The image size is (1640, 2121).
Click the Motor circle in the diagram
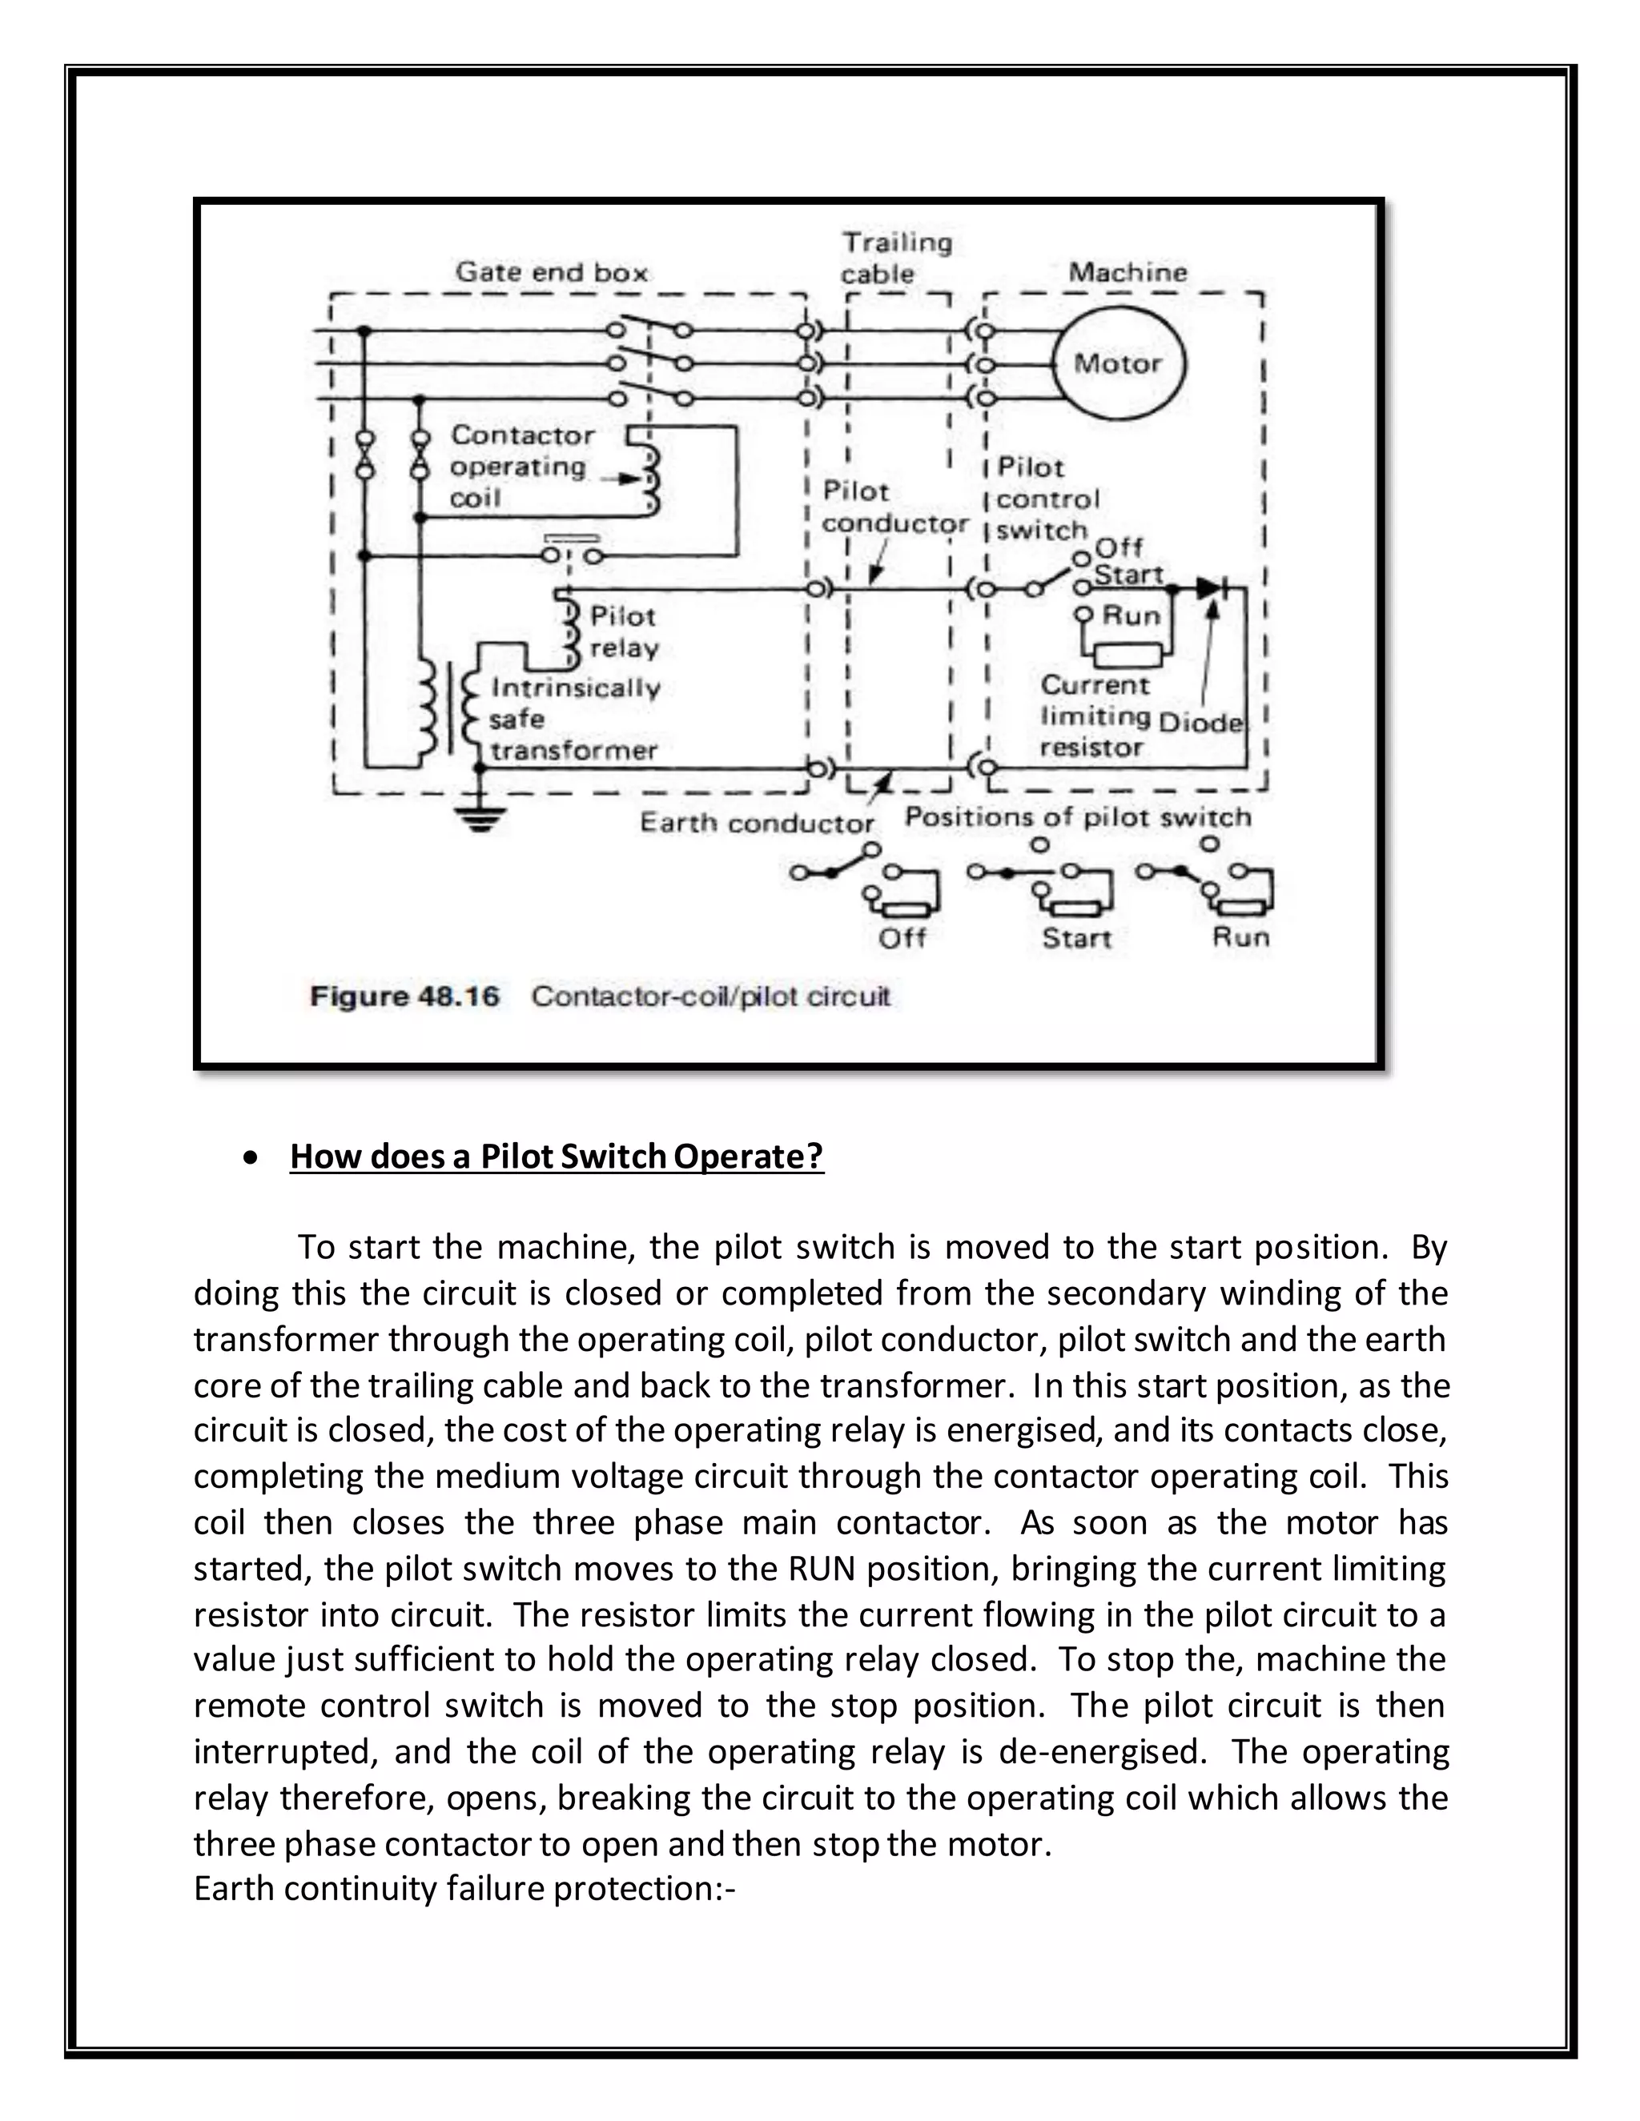[x=1117, y=364]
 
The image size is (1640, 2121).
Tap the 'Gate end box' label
[x=551, y=273]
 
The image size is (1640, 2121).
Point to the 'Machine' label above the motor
[x=1127, y=272]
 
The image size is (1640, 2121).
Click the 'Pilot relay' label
[x=624, y=632]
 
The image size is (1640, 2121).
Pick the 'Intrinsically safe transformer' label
[x=573, y=719]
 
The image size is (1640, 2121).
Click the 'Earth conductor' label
[x=756, y=824]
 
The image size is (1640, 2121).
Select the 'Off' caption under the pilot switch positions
[x=901, y=938]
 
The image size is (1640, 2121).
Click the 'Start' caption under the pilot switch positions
[x=1075, y=938]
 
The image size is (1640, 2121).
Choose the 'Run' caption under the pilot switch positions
[x=1240, y=937]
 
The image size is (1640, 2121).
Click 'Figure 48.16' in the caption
[x=404, y=996]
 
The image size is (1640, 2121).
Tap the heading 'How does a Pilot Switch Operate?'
[x=556, y=1156]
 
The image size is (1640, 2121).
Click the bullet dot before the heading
[x=251, y=1157]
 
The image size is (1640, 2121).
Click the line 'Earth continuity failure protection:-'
[x=464, y=1889]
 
